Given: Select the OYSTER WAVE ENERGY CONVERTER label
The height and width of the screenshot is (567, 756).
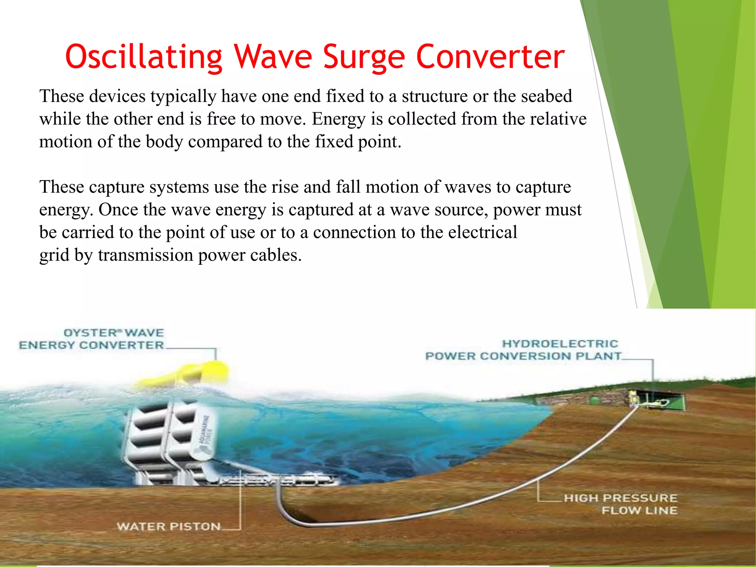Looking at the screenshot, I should click(x=92, y=339).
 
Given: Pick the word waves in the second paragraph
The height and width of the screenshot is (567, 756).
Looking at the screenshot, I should click(x=467, y=187).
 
